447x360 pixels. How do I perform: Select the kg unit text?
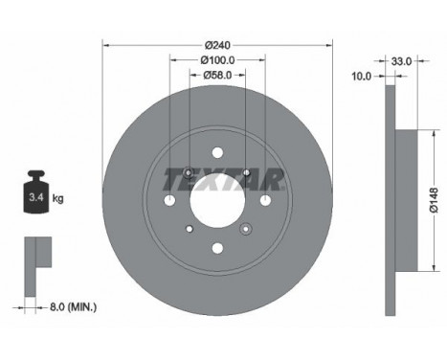tap(57, 199)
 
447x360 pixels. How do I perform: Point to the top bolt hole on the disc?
tap(217, 151)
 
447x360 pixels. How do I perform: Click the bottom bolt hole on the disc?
tap(217, 249)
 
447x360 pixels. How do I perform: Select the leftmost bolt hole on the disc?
tap(170, 200)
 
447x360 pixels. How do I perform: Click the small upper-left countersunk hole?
tap(189, 172)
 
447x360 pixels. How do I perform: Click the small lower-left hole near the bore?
tap(189, 228)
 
